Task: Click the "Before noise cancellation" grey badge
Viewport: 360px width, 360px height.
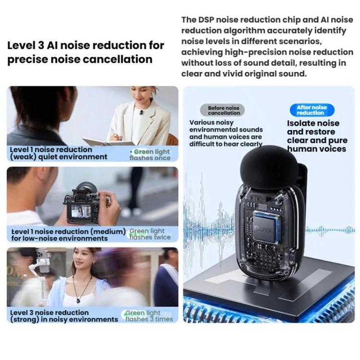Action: point(222,110)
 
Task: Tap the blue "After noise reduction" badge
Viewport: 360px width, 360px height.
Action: point(312,110)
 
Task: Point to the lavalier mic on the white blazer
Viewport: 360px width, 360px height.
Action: point(141,112)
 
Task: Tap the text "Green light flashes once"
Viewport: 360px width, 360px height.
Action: point(150,155)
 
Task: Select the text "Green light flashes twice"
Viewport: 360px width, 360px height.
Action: point(150,234)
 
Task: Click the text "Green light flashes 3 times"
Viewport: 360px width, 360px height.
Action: point(149,316)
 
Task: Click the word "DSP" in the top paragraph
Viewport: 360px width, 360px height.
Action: point(206,20)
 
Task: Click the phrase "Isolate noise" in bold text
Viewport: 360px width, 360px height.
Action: point(313,123)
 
